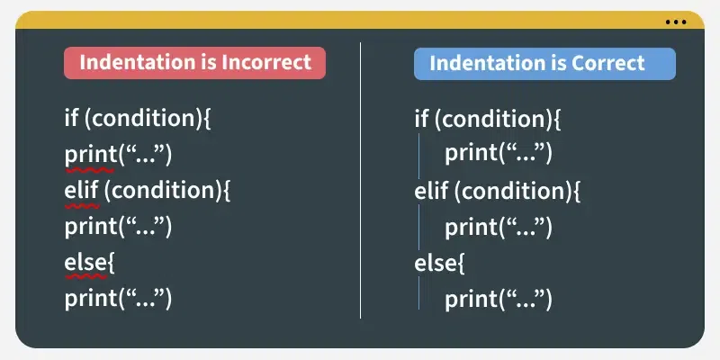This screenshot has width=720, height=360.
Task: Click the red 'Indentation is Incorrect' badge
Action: pyautogui.click(x=194, y=63)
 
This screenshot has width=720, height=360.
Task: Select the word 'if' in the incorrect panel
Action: pyautogui.click(x=72, y=118)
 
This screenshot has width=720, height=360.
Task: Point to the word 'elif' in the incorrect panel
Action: pyautogui.click(x=82, y=191)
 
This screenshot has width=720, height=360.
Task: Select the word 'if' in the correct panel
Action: pyautogui.click(x=421, y=118)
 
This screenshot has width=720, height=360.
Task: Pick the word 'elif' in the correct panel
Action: pyautogui.click(x=431, y=191)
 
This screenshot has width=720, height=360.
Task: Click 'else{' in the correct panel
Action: pyautogui.click(x=439, y=263)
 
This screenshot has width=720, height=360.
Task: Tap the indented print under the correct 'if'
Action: pyautogui.click(x=498, y=154)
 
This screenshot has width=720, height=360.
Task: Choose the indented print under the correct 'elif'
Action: pyautogui.click(x=498, y=227)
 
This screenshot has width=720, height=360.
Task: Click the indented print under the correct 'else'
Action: pyautogui.click(x=498, y=299)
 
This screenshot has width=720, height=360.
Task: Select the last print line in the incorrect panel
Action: pyautogui.click(x=118, y=299)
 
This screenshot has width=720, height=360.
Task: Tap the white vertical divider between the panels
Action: pyautogui.click(x=360, y=180)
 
